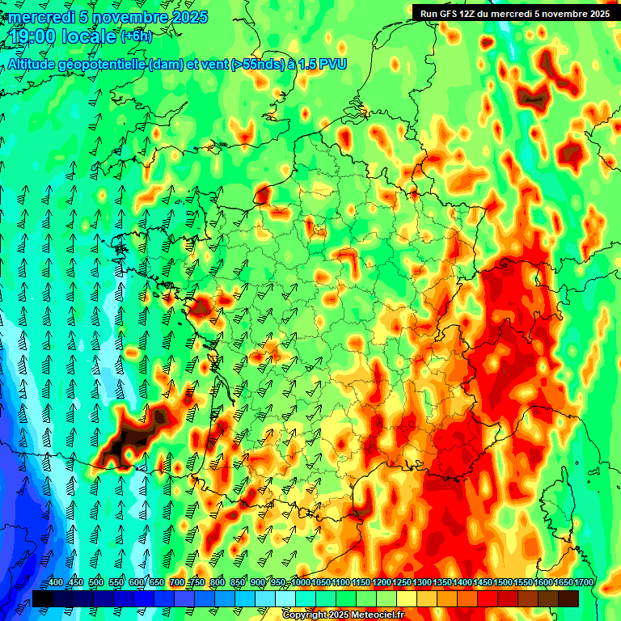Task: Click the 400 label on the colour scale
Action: point(56,583)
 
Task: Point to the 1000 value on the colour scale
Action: point(301,583)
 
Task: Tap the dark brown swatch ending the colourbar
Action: point(568,598)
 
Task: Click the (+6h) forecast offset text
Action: point(136,37)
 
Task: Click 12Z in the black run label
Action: point(468,14)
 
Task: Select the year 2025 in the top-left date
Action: point(187,17)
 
